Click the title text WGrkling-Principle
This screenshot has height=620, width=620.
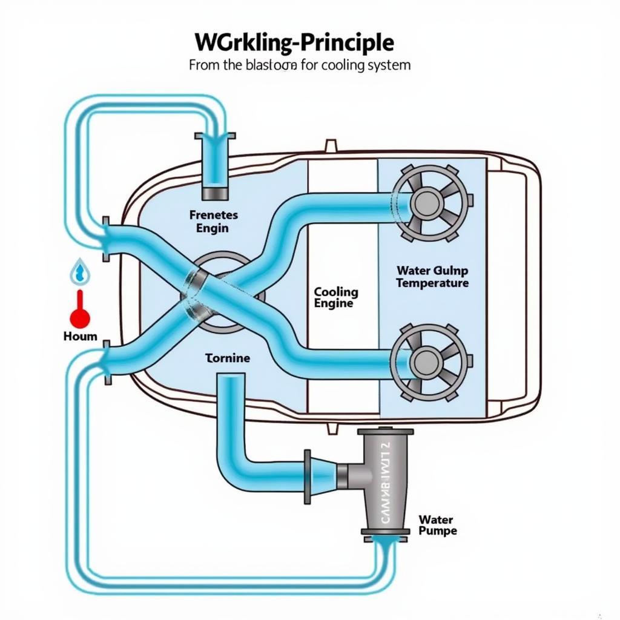point(294,42)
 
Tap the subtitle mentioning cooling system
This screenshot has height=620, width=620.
point(300,65)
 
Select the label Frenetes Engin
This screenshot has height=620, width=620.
point(213,222)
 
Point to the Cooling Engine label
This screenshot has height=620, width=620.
point(336,297)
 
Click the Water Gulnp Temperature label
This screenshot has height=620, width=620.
point(432,277)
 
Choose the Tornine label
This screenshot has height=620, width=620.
point(227,358)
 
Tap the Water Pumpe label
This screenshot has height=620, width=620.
point(437,525)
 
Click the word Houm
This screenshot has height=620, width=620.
point(80,335)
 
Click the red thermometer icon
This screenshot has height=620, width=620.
point(79,309)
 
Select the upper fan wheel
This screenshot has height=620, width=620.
point(429,200)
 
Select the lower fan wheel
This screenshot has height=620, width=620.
point(429,361)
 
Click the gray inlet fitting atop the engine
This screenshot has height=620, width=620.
point(215,193)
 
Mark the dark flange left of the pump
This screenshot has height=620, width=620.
point(307,477)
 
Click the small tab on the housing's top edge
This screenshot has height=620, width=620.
point(331,145)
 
